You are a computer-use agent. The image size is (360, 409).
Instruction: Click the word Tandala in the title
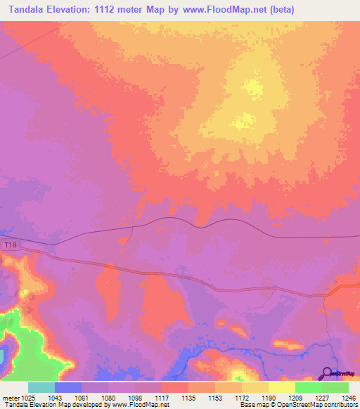[x=27, y=10]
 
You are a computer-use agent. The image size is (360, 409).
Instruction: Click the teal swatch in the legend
[x=41, y=387]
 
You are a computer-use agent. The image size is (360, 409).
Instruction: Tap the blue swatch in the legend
[x=67, y=387]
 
